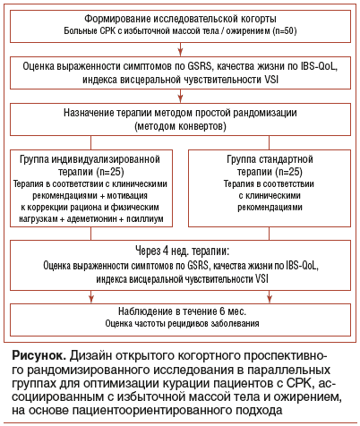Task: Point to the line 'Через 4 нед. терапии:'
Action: point(180,252)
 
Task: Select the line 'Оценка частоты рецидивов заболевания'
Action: point(180,324)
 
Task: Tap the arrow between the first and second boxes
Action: point(180,48)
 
